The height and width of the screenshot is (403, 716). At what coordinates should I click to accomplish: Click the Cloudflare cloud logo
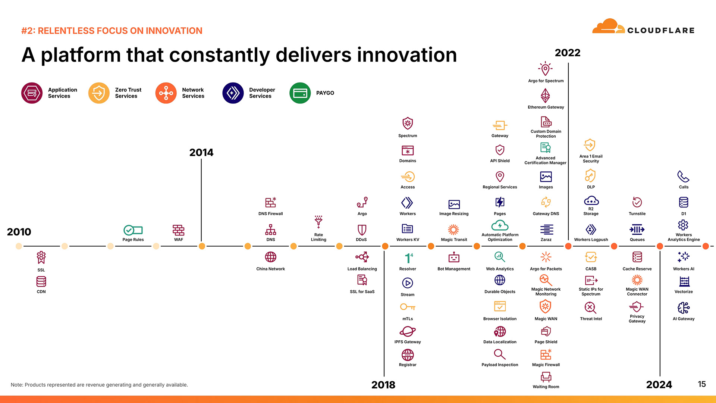[608, 26]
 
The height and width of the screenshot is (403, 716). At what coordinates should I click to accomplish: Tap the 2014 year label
[201, 152]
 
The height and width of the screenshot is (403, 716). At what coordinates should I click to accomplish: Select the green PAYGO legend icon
[300, 93]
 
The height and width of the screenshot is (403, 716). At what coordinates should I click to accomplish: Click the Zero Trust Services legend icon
[99, 93]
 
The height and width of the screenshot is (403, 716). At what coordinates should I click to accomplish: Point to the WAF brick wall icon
[178, 230]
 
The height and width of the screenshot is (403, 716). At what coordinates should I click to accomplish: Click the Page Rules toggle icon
[133, 230]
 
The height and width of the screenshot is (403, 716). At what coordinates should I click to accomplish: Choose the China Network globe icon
[270, 257]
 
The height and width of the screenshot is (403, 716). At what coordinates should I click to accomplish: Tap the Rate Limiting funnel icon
[318, 222]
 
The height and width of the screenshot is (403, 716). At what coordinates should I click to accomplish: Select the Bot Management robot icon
[454, 257]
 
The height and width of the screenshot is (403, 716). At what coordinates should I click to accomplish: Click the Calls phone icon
[683, 176]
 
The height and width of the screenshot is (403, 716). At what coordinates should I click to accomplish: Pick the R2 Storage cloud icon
[591, 201]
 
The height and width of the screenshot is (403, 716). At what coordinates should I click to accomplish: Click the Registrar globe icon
[408, 354]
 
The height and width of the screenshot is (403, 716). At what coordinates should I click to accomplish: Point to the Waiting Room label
[546, 387]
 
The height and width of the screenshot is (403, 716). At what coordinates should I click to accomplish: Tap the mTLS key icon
[408, 307]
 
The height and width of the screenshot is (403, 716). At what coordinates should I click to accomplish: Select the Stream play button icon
[408, 283]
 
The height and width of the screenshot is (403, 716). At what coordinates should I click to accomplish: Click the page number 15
[702, 384]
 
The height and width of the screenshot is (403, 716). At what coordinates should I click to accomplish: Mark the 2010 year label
[19, 232]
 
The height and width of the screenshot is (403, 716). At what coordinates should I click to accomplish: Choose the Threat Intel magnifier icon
[591, 307]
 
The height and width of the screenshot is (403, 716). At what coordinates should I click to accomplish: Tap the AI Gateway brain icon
[683, 308]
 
